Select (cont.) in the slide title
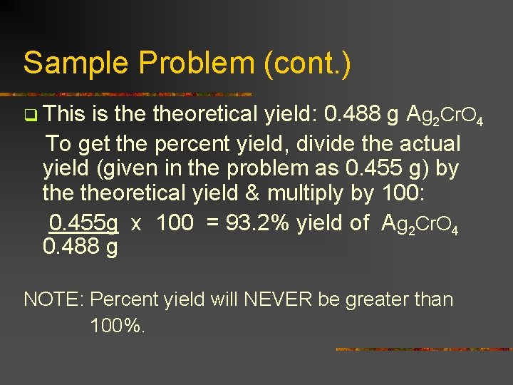307,63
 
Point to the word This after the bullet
63,114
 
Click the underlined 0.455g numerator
83,223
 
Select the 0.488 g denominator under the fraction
81,247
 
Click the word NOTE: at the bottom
54,299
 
